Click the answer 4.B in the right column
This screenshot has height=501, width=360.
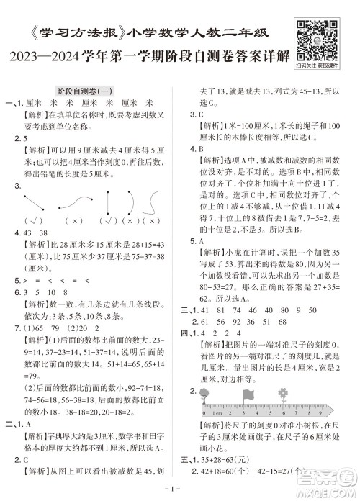[197, 149]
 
